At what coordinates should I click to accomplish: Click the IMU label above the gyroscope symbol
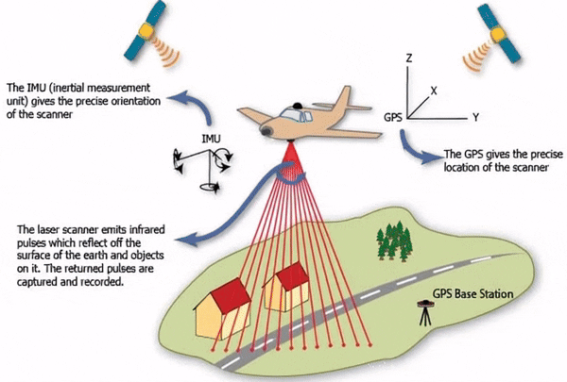pos(213,139)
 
